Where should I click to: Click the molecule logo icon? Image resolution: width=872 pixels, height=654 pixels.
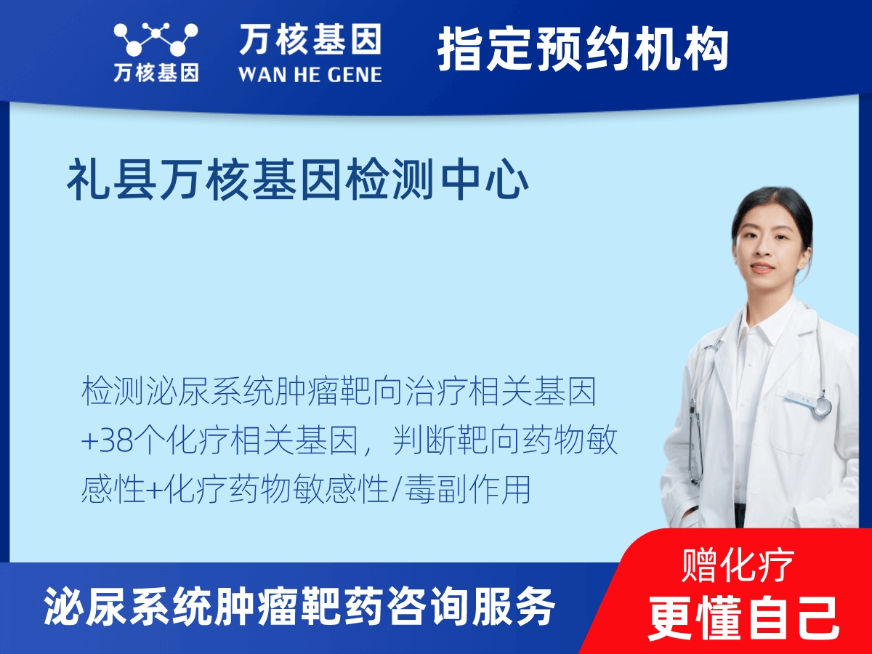pyautogui.click(x=156, y=39)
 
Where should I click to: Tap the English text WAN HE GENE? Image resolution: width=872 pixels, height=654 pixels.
pyautogui.click(x=310, y=75)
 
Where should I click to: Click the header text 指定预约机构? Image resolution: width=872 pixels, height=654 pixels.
pyautogui.click(x=584, y=49)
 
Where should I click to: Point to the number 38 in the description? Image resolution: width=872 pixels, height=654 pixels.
pyautogui.click(x=116, y=441)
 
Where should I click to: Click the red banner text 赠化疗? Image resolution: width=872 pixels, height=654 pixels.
pyautogui.click(x=738, y=565)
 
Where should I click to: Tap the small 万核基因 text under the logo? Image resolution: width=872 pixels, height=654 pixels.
pyautogui.click(x=156, y=73)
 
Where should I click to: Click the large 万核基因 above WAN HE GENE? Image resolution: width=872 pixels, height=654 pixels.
pyautogui.click(x=310, y=39)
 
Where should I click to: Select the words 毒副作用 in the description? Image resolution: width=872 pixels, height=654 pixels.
pyautogui.click(x=467, y=489)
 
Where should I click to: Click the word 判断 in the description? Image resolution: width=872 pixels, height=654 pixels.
pyautogui.click(x=424, y=440)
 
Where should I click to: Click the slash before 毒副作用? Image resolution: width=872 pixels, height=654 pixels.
pyautogui.click(x=396, y=490)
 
